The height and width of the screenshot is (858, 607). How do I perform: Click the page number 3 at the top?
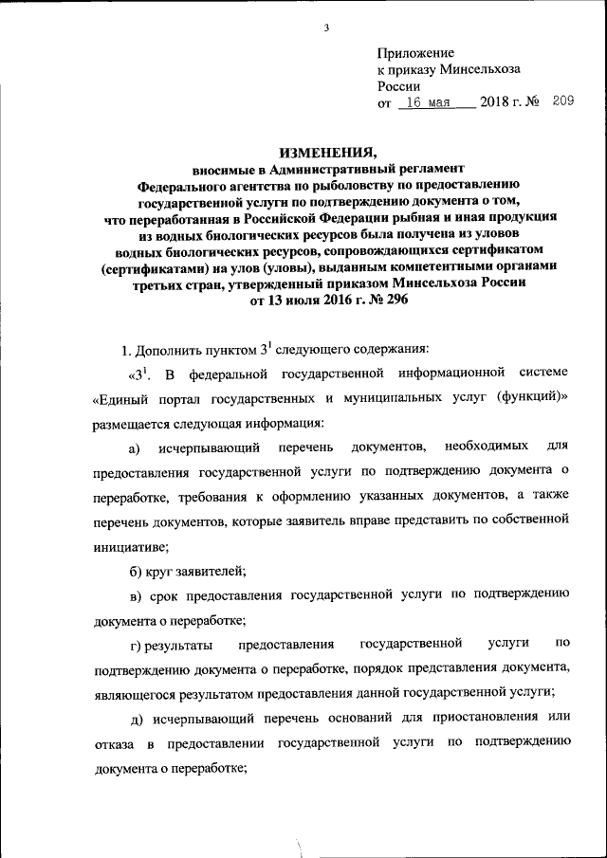pyautogui.click(x=324, y=27)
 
